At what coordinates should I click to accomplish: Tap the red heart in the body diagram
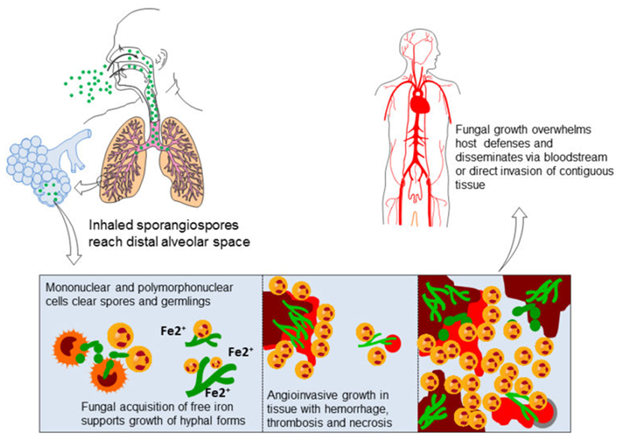click(421, 104)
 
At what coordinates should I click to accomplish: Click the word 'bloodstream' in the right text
click(574, 158)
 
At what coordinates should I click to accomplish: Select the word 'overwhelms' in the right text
click(550, 129)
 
